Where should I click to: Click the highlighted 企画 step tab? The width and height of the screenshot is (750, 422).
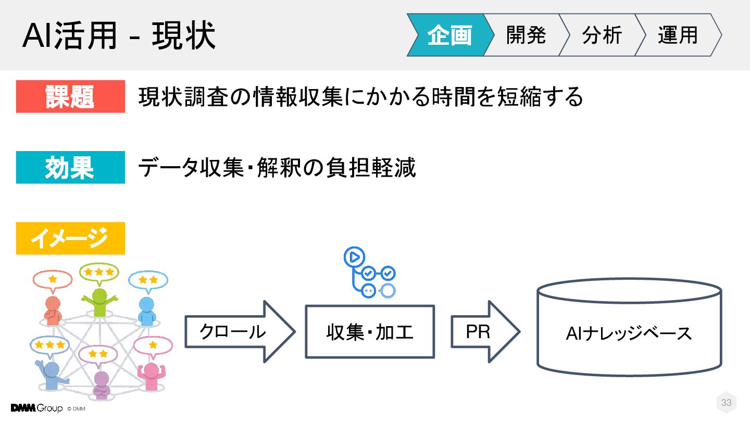(449, 35)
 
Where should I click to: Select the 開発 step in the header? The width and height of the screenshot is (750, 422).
(525, 35)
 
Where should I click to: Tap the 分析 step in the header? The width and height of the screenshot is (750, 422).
(601, 35)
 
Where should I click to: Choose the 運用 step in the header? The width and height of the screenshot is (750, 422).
(677, 35)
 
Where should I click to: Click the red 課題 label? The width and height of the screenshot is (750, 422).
(70, 96)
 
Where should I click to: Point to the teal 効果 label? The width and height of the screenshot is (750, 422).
(70, 167)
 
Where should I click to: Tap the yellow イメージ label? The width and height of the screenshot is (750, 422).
(70, 238)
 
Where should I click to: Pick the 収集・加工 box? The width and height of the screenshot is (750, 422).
(370, 332)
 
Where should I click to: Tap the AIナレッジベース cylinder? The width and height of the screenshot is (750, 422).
(629, 332)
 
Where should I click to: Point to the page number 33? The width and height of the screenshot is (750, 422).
(726, 403)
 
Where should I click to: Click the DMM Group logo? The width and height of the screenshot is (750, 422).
(36, 408)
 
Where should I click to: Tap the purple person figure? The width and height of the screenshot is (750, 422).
(101, 382)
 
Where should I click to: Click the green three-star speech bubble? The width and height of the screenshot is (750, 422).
(99, 272)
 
